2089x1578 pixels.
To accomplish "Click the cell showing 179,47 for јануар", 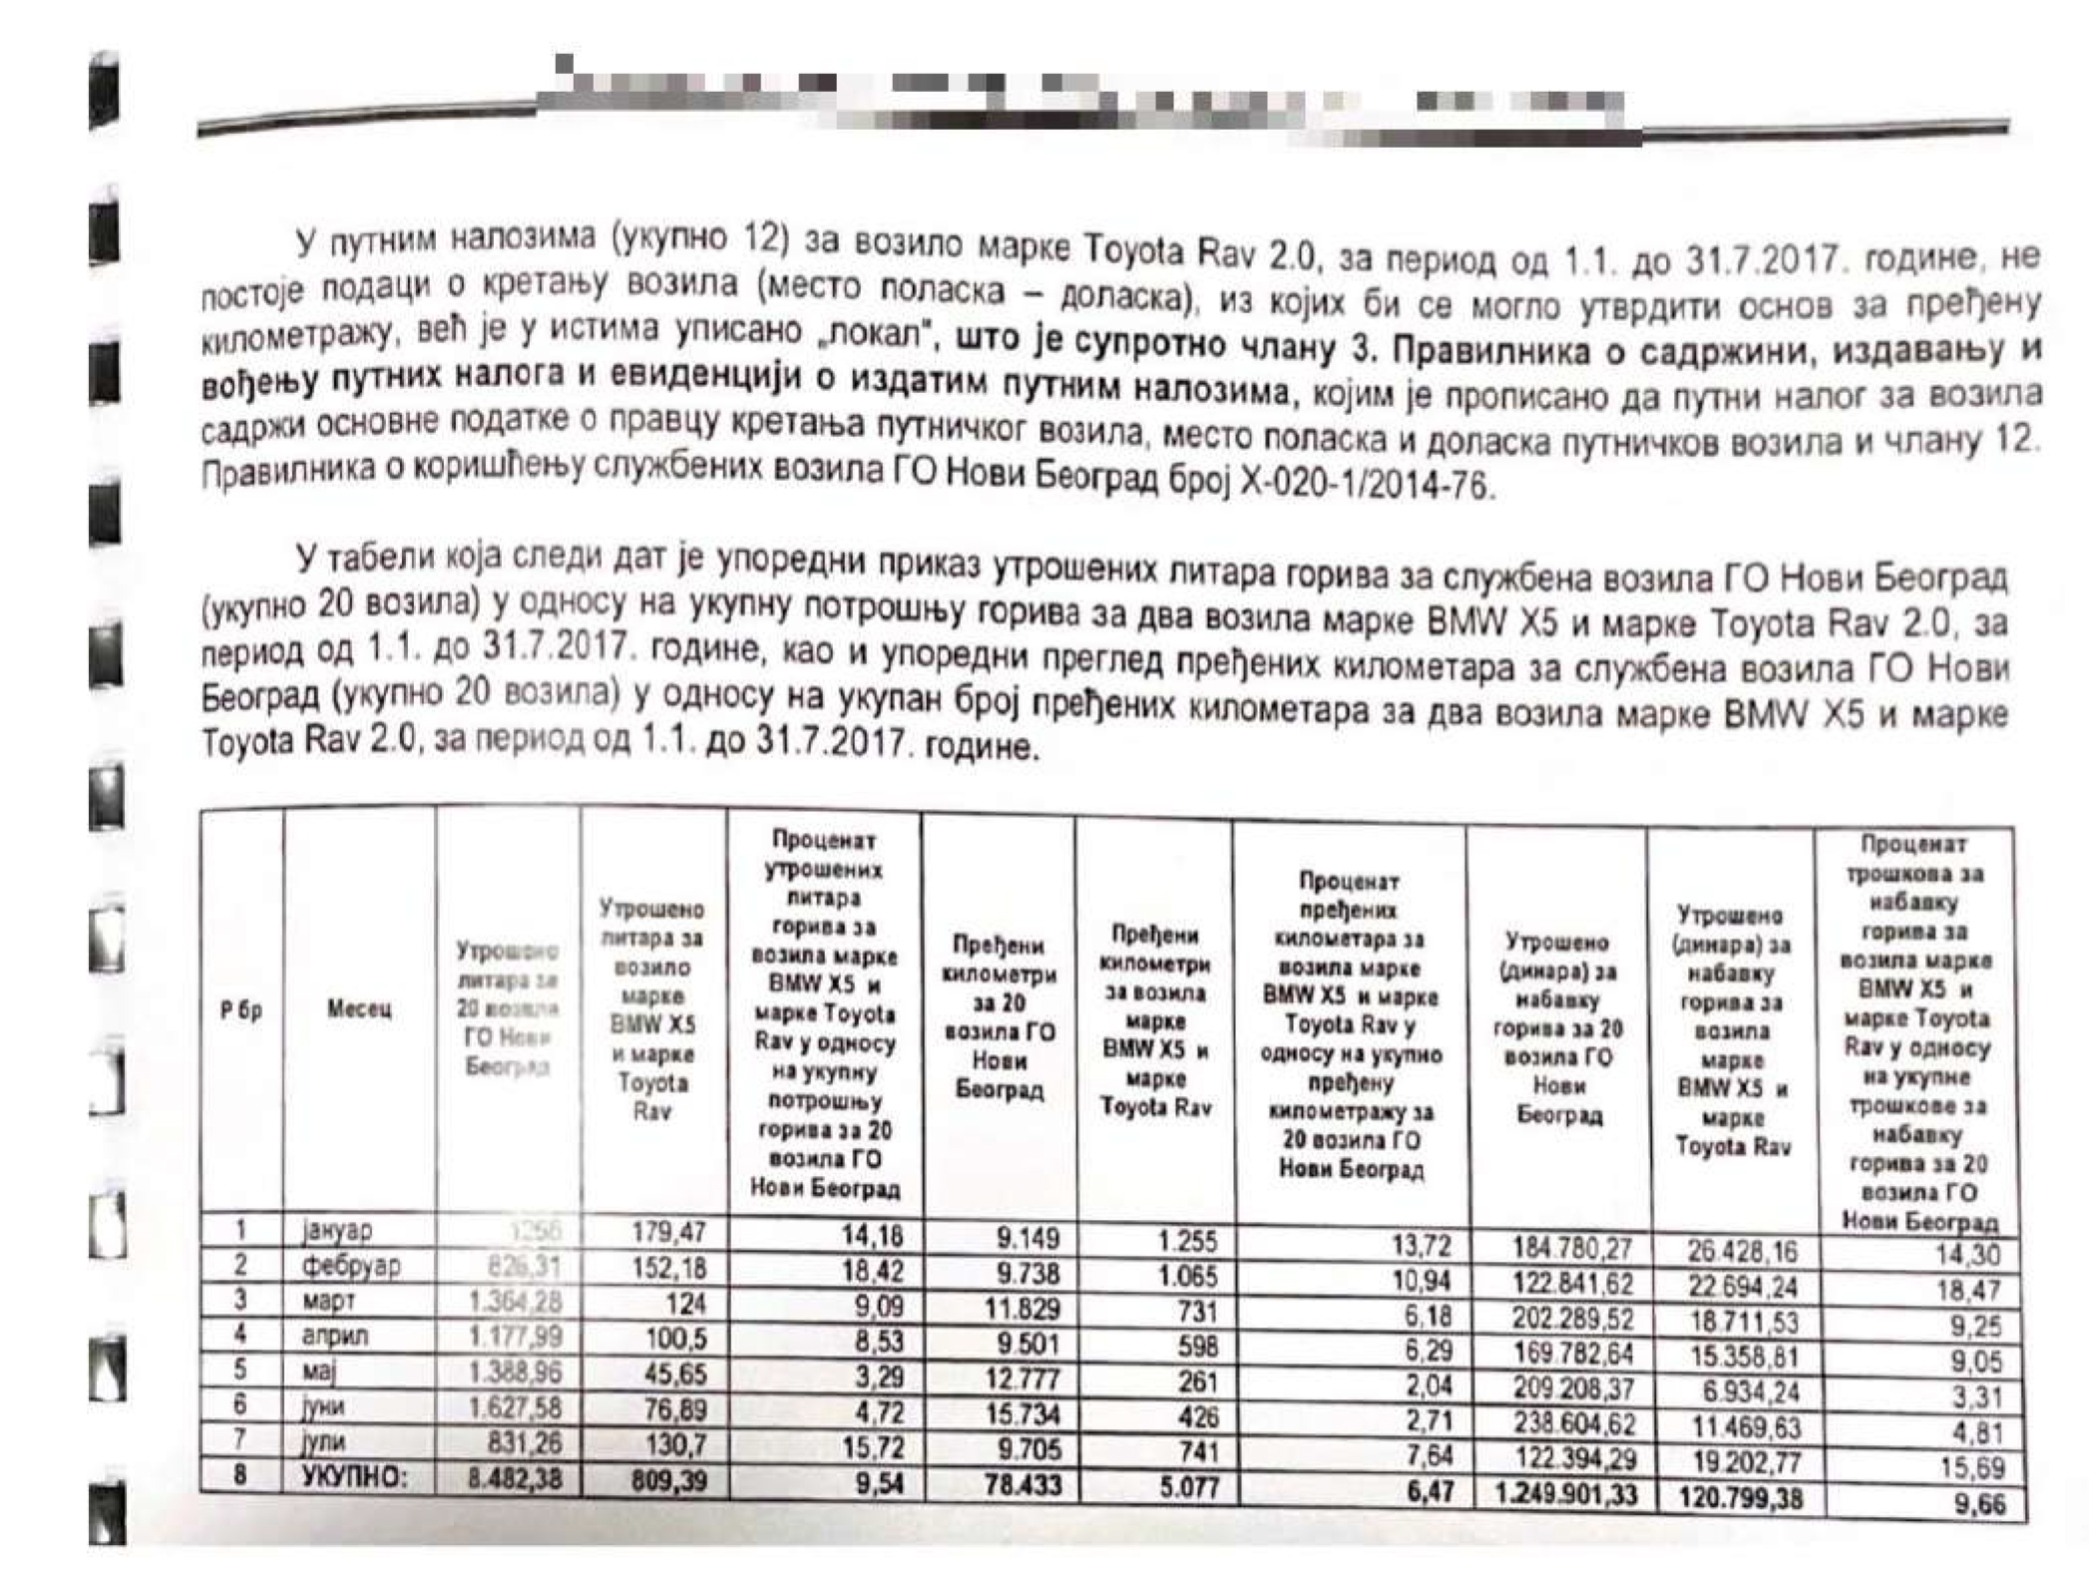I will tap(667, 1232).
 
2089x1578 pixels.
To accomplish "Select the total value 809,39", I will tap(667, 1480).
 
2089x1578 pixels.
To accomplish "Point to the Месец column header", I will tap(359, 1009).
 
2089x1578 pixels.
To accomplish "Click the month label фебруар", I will tap(351, 1266).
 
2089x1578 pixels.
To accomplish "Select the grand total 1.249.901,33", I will tap(1565, 1495).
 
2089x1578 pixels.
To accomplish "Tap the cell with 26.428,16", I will tap(1741, 1251).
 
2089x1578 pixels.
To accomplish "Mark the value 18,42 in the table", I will tap(871, 1271).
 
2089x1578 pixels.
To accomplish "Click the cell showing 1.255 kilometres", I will tap(1187, 1242).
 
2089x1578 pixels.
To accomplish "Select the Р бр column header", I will tap(240, 1009).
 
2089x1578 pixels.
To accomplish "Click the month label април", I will tap(334, 1335).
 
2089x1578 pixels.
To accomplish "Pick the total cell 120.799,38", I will tap(1740, 1497).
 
